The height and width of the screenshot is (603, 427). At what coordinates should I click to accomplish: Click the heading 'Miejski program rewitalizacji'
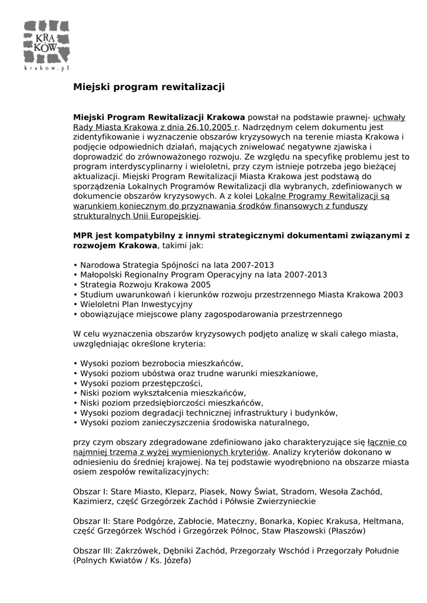click(149, 87)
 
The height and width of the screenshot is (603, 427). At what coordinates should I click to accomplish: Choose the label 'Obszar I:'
click(90, 492)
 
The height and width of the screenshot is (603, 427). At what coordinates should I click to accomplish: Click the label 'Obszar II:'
click(91, 521)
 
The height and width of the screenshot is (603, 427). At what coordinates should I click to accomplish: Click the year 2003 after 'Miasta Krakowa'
click(392, 294)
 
